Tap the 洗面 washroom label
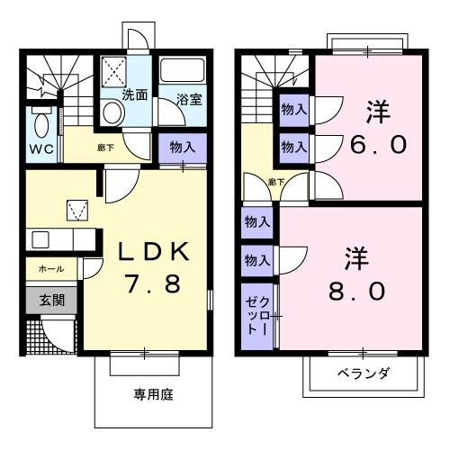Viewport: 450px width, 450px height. [135, 94]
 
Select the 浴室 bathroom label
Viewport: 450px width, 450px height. [187, 100]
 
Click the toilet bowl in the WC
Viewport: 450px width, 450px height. [41, 121]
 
